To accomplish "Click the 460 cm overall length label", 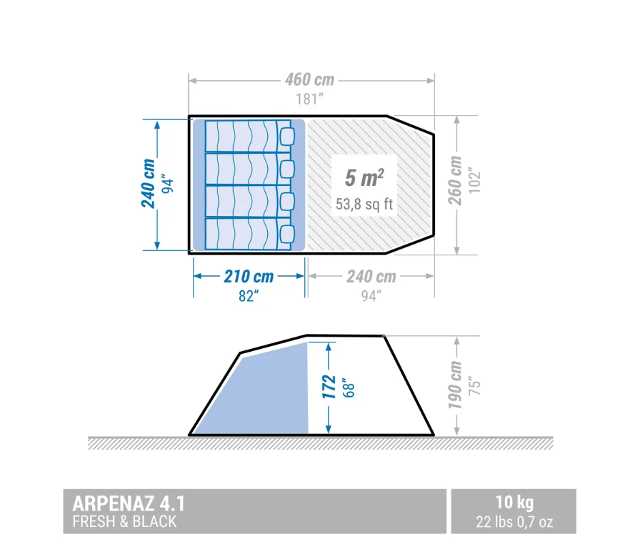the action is (310, 79).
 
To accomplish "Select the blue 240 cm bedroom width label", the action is (148, 184).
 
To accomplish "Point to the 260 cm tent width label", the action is (455, 181).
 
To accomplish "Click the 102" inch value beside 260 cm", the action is (474, 182).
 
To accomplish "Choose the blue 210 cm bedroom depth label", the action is (249, 276).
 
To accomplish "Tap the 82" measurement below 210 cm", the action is (249, 296).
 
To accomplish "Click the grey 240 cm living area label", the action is (371, 276).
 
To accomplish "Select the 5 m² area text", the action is (364, 177).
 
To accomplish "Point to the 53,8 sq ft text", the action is (364, 204).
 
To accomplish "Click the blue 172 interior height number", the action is (329, 387).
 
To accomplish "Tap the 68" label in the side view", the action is (349, 388).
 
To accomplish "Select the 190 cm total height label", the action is (455, 385).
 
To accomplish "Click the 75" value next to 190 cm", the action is (474, 386).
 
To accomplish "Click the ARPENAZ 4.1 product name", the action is (129, 503).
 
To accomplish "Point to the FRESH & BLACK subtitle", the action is (124, 521).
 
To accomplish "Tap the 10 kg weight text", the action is (514, 503).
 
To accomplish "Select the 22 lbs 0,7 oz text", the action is (514, 522).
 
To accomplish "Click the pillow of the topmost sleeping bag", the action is (286, 136).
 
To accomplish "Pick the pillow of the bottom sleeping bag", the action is (286, 234).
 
